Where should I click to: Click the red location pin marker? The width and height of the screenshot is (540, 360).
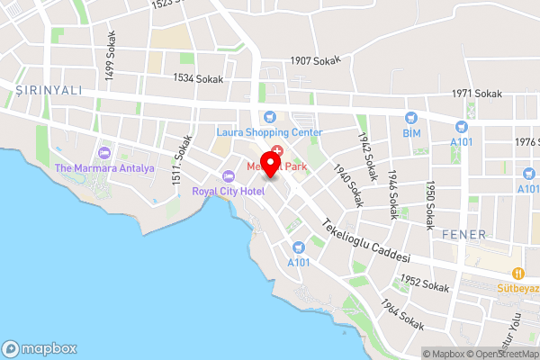276,162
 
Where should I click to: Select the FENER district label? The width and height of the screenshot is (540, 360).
464,234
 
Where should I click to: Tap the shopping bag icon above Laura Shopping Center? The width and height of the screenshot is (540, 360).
268,116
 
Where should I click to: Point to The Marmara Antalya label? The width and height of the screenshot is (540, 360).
104,168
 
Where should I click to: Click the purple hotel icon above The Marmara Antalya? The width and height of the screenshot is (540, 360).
104,151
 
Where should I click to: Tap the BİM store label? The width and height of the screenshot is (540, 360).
412,133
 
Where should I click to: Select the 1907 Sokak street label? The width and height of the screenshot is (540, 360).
316,61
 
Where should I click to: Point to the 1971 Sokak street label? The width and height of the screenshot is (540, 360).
476,94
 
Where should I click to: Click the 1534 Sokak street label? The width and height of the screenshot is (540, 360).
197,79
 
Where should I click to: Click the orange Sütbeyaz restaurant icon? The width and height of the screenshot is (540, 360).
517,273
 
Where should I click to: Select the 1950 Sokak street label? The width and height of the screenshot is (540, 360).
430,202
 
